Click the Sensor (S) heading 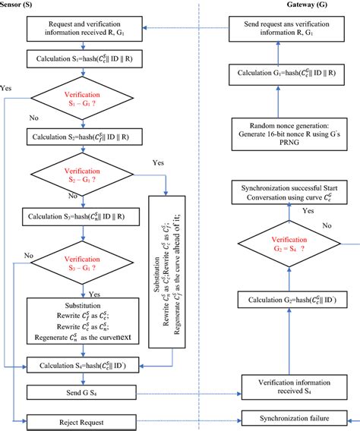tap(21, 5)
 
